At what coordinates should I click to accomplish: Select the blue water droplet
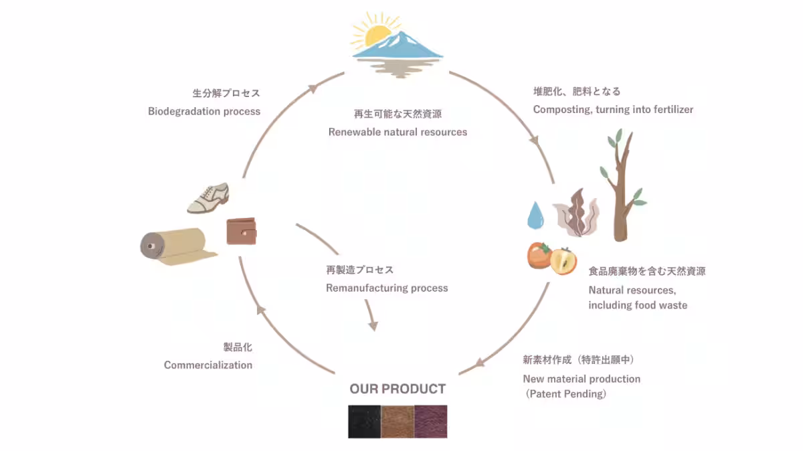[x=535, y=215]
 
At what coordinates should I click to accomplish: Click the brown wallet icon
[x=242, y=232]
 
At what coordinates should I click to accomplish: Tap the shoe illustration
[x=208, y=198]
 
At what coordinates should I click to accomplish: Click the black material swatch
[x=364, y=422]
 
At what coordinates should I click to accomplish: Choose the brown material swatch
[x=397, y=422]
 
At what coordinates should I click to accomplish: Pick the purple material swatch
[x=430, y=422]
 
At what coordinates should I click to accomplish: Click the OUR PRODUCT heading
[x=397, y=389]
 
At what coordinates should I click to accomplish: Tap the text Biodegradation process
[x=204, y=111]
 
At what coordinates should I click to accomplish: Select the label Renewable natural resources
[x=397, y=132]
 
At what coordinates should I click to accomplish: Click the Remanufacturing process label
[x=387, y=288]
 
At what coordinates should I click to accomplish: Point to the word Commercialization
[x=208, y=365]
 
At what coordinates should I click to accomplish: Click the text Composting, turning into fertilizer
[x=613, y=109]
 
